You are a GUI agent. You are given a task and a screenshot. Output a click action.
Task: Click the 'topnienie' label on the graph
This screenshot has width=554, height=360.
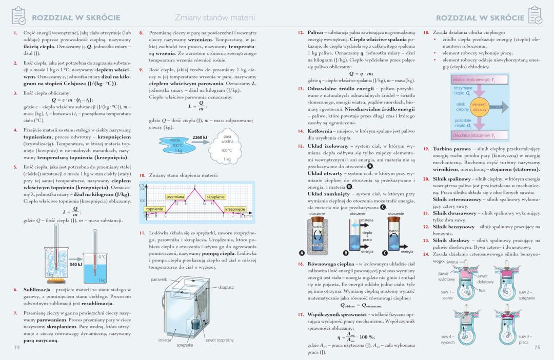(154, 209)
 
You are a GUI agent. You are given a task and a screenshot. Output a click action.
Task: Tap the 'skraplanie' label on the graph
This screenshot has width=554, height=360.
(215, 197)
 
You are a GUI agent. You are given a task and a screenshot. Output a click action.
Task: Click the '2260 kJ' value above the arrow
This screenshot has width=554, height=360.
(200, 137)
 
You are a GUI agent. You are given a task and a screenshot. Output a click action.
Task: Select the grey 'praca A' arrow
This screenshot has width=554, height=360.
(499, 107)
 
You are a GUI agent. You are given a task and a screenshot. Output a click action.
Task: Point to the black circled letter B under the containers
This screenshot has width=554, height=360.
(345, 253)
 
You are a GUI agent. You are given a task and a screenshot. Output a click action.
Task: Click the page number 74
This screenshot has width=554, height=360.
(17, 348)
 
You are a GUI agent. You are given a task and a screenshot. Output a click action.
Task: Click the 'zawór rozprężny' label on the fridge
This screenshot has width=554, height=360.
(219, 340)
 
